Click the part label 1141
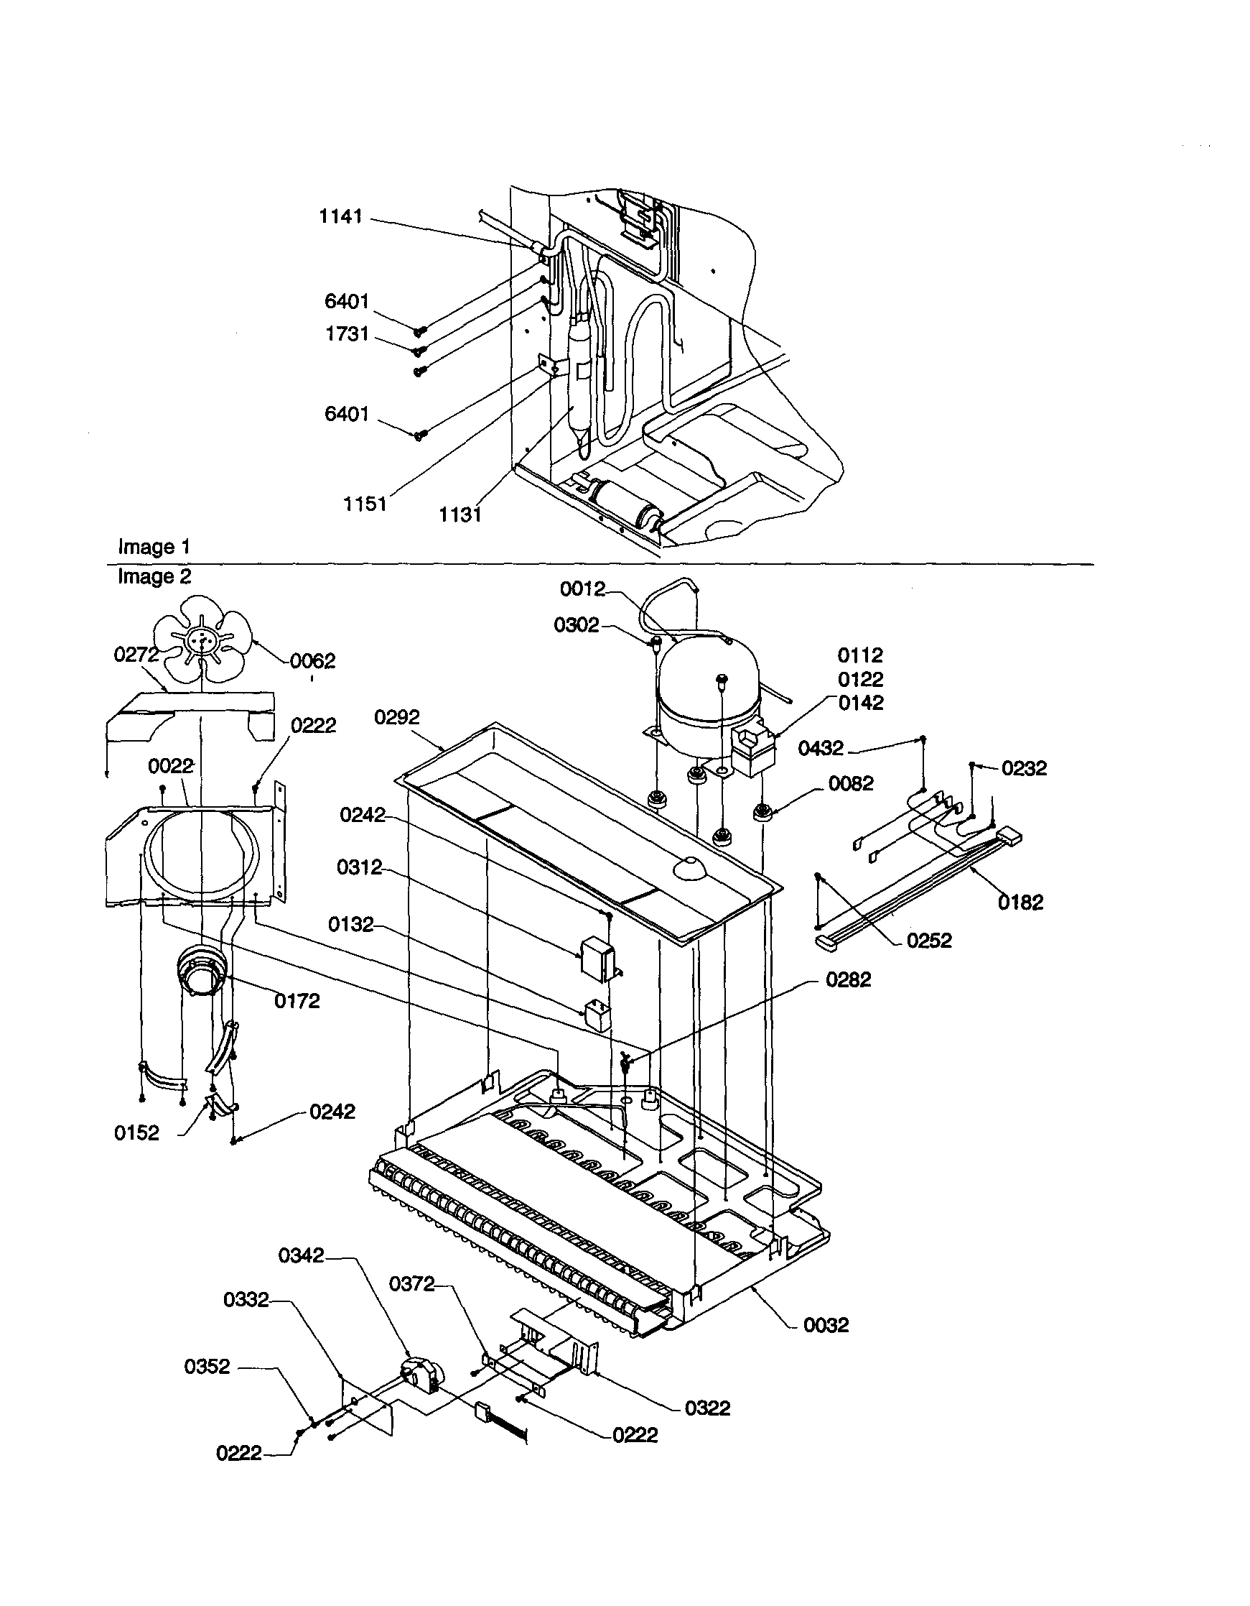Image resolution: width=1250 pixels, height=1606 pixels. click(340, 216)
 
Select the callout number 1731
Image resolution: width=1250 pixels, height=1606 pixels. click(347, 334)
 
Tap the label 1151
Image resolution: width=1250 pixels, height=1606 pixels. click(365, 504)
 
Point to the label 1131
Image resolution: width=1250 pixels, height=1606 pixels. click(460, 514)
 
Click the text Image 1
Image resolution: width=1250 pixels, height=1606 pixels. click(154, 547)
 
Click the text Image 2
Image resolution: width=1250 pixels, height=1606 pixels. click(154, 576)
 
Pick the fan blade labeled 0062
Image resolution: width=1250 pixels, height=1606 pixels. click(201, 639)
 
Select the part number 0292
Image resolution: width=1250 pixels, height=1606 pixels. click(397, 717)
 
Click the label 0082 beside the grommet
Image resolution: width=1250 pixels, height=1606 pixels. click(851, 783)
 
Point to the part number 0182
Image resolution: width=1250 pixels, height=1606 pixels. click(1020, 903)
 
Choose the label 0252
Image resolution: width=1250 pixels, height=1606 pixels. click(929, 941)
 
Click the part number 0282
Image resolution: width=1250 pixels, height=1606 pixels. click(848, 979)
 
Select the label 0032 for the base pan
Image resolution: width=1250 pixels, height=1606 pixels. click(826, 1325)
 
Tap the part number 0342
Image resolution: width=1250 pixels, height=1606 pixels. click(301, 1255)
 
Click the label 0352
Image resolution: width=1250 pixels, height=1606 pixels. click(207, 1366)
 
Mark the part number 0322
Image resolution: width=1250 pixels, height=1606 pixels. click(708, 1408)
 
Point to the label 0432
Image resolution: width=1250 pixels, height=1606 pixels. click(820, 749)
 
